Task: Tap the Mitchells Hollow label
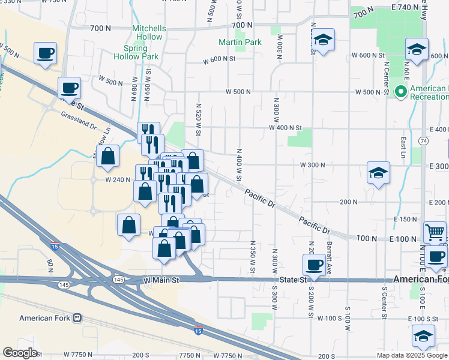(147, 32)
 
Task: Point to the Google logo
(20, 353)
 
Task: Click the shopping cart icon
(435, 232)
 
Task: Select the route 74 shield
(424, 140)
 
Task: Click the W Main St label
(161, 280)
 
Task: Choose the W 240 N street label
(117, 179)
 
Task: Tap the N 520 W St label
(198, 118)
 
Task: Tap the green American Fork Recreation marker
(401, 92)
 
